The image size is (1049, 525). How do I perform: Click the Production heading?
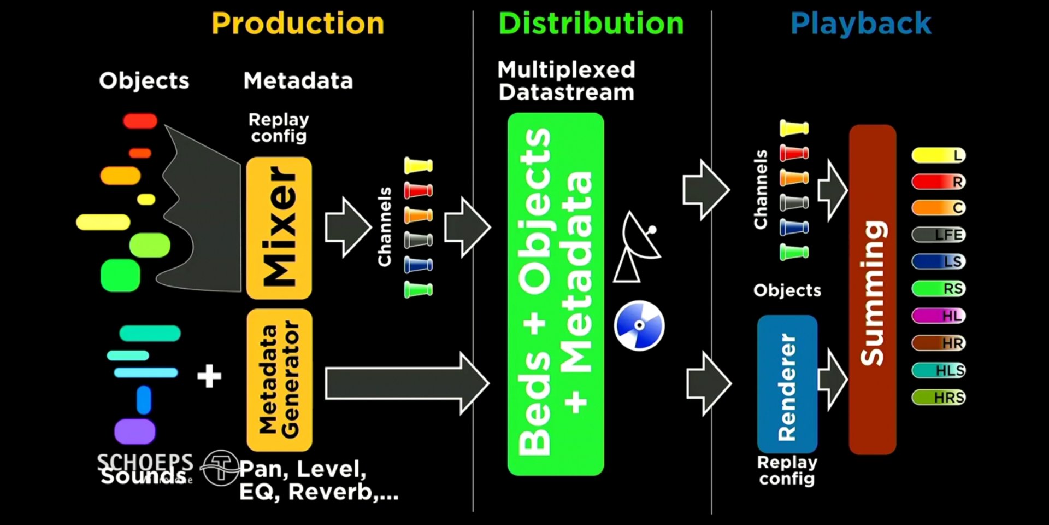pos(298,24)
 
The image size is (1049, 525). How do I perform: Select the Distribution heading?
pos(591,24)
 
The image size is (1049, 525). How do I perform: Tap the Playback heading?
pos(861,24)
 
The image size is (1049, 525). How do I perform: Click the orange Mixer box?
pos(279,227)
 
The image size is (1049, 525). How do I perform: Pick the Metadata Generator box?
pos(279,380)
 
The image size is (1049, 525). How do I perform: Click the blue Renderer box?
pos(787,384)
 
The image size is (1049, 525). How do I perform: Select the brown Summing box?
pos(872,290)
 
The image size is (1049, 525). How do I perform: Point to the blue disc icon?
pos(639,325)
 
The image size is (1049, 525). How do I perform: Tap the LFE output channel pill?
pos(939,235)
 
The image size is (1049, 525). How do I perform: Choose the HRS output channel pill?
pos(939,397)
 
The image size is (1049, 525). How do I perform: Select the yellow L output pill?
pos(939,155)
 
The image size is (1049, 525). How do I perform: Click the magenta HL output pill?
pos(939,316)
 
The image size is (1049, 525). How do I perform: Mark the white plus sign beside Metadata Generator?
pos(209,376)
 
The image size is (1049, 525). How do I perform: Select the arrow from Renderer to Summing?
pos(833,378)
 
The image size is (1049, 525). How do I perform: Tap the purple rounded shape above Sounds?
pos(134,431)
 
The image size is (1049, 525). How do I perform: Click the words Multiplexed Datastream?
pos(567,81)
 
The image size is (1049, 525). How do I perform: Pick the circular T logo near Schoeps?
pos(220,468)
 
